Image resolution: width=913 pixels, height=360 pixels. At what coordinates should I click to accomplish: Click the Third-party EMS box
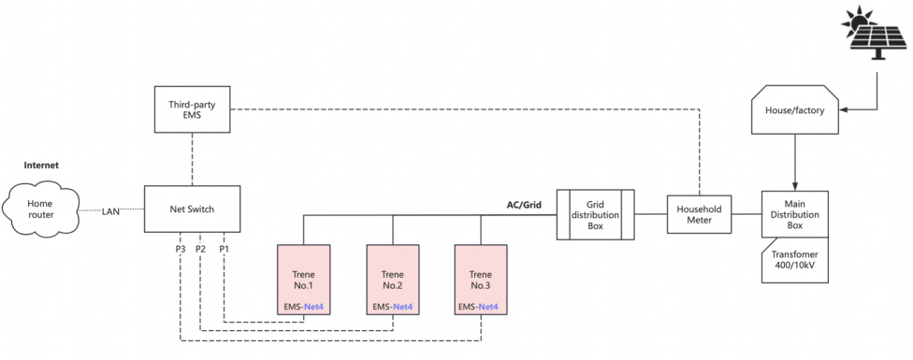tap(192, 108)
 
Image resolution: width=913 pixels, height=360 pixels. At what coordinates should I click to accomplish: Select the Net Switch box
tap(191, 209)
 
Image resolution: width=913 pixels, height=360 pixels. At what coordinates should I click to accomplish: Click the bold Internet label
tap(41, 165)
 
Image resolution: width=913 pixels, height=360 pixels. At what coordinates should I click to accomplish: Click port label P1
tap(224, 249)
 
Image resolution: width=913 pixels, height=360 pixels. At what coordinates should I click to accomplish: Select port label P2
tap(200, 249)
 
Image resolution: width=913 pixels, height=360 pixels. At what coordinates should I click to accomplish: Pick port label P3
tap(179, 249)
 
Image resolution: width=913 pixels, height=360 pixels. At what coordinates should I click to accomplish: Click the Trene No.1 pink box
tap(304, 275)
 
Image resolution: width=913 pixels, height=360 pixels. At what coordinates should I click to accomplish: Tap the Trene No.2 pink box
tap(393, 275)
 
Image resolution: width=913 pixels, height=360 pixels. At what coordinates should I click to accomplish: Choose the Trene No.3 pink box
tap(481, 275)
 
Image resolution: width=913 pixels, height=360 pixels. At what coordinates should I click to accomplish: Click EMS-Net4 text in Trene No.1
tap(304, 307)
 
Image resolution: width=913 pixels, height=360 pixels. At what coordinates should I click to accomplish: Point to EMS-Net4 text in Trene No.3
tap(481, 307)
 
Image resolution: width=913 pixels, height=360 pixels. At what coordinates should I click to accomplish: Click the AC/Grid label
tap(524, 204)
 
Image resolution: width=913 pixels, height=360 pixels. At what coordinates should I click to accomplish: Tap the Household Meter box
tap(698, 214)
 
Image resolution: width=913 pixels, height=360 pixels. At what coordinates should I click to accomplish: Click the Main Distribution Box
tap(794, 214)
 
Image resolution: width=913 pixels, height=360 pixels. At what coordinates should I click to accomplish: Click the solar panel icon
tap(877, 33)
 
